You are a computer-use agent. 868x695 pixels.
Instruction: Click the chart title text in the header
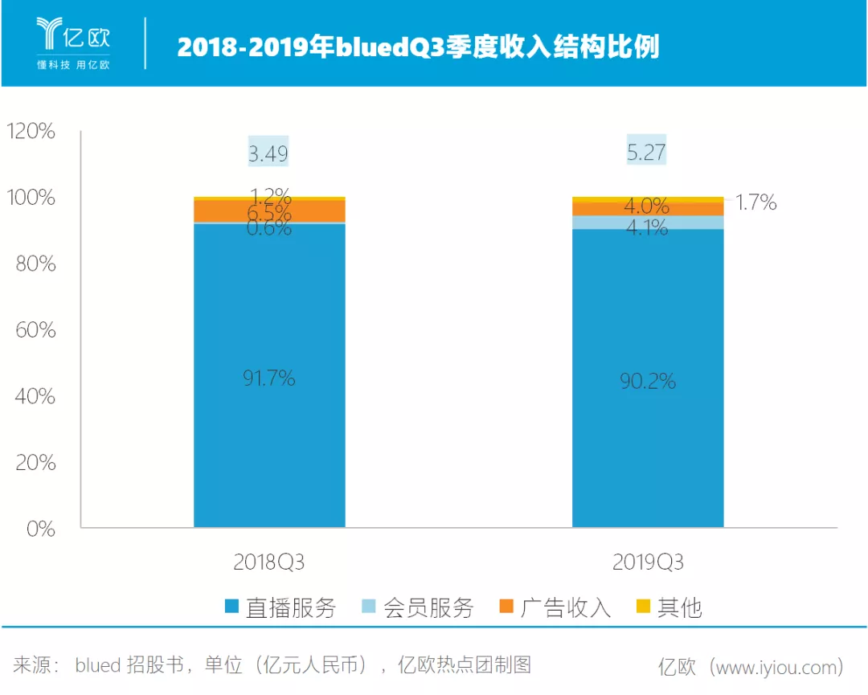point(417,46)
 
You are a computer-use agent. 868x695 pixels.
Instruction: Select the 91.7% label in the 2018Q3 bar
point(268,378)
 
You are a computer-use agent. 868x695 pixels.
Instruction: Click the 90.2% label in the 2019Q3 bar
point(647,381)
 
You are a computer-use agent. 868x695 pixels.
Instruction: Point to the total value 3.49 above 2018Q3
point(268,153)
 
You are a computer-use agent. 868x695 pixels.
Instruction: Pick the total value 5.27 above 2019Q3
point(647,152)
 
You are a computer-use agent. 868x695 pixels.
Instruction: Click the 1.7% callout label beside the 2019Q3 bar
point(756,202)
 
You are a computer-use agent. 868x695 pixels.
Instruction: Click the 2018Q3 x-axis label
point(269,562)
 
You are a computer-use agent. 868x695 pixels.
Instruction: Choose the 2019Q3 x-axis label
point(648,562)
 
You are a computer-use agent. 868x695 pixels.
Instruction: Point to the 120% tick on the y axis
point(31,132)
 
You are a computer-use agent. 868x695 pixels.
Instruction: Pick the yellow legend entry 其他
point(669,608)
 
